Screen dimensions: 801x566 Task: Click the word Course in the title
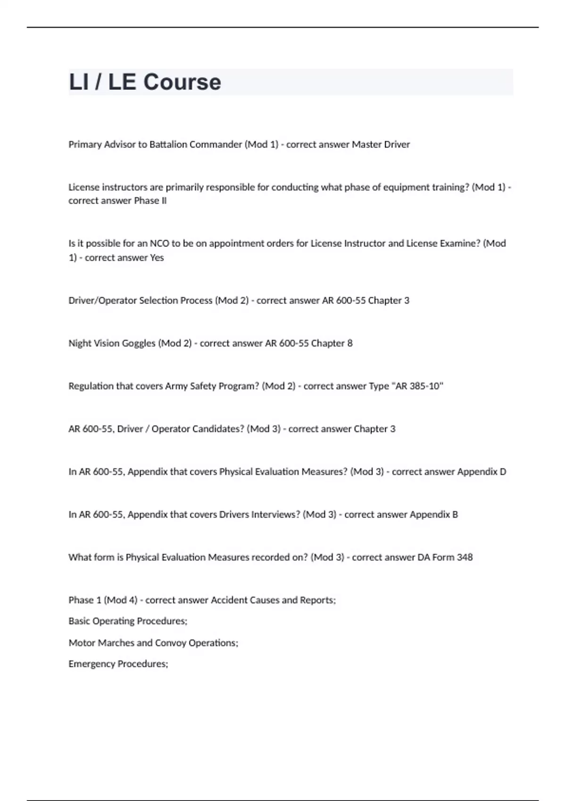182,82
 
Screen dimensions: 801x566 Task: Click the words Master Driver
381,145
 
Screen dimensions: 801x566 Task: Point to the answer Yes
157,258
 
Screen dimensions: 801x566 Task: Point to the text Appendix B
434,515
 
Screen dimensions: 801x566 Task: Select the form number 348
465,557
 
